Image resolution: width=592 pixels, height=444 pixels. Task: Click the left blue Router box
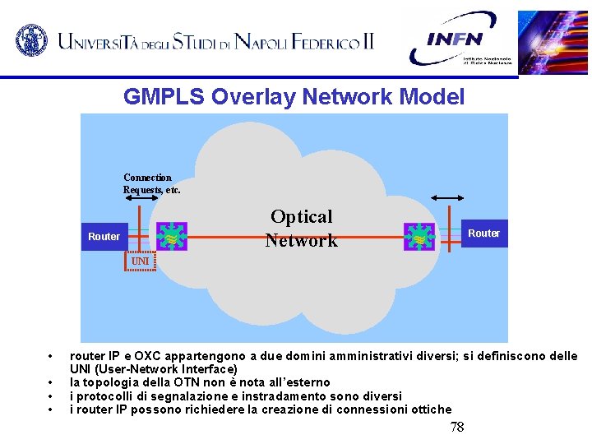pyautogui.click(x=104, y=236)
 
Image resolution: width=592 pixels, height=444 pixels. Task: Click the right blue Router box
pyautogui.click(x=483, y=234)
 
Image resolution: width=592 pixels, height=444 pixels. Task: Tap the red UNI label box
pyautogui.click(x=141, y=261)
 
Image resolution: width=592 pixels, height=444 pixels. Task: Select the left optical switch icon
pyautogui.click(x=171, y=236)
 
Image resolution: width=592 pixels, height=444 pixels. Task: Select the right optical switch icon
pyautogui.click(x=419, y=236)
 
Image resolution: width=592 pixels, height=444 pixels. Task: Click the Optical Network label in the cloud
pyautogui.click(x=302, y=229)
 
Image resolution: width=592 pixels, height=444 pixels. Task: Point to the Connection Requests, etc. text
pyautogui.click(x=151, y=183)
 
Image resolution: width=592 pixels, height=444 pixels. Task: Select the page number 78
pyautogui.click(x=457, y=427)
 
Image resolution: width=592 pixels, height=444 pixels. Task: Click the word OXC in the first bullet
pyautogui.click(x=150, y=356)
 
